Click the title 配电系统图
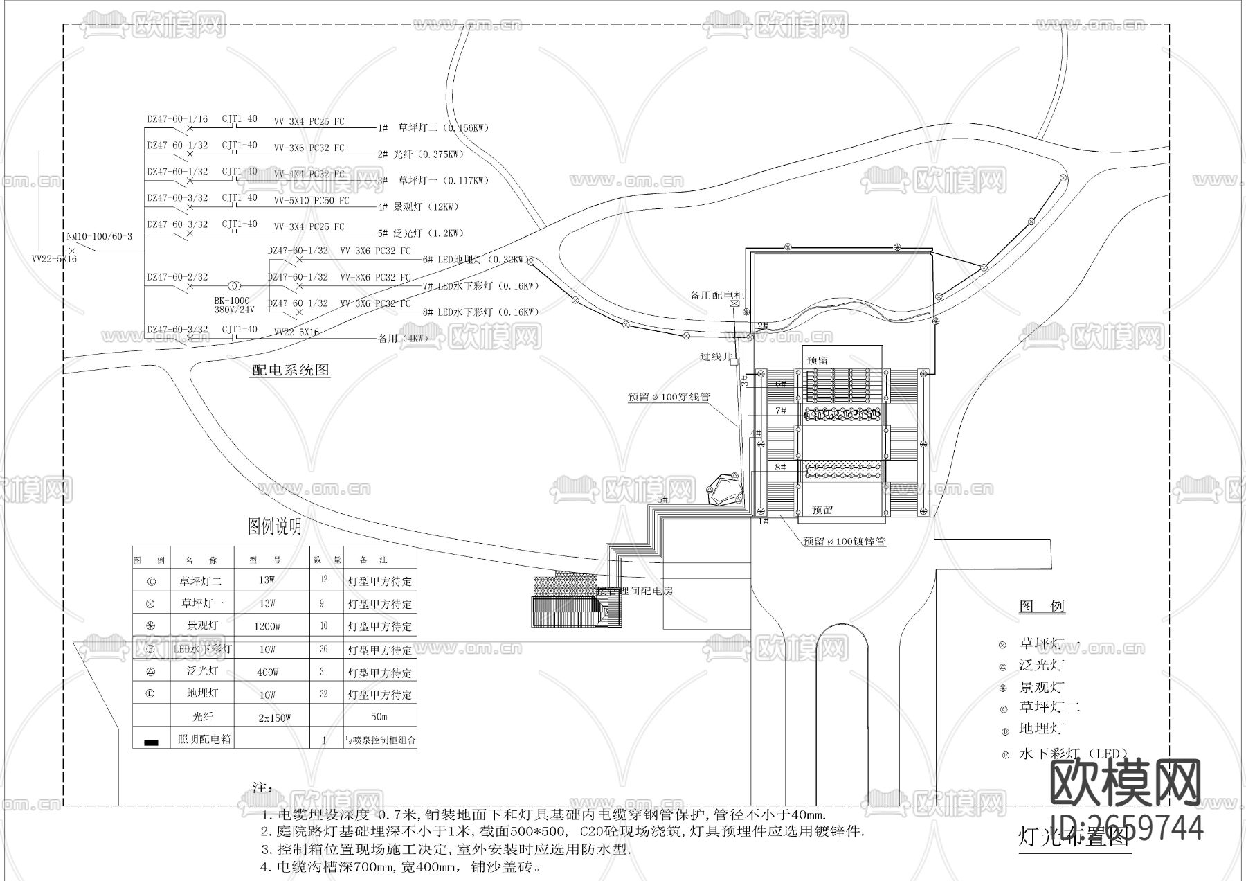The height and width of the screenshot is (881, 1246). click(290, 370)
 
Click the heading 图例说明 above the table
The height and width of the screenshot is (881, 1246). click(275, 527)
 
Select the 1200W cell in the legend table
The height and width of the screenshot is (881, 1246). click(267, 626)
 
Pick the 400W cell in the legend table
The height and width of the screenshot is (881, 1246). click(267, 672)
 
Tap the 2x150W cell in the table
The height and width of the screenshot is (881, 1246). click(274, 718)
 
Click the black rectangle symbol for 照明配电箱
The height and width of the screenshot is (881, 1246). click(151, 742)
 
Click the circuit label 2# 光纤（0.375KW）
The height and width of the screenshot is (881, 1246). click(420, 154)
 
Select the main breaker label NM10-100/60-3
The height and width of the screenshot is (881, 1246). click(99, 236)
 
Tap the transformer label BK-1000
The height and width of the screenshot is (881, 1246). click(232, 301)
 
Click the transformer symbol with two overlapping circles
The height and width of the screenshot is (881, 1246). click(235, 286)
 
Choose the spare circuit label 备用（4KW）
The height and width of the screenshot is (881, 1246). click(403, 339)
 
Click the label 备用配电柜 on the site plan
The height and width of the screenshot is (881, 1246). click(717, 294)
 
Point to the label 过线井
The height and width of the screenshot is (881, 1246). click(715, 357)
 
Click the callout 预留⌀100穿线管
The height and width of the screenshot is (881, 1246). click(669, 398)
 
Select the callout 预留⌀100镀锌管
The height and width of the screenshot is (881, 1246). click(844, 542)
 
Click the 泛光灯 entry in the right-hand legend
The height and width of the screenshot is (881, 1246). click(1040, 666)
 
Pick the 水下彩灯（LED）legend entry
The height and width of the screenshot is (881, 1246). click(1073, 754)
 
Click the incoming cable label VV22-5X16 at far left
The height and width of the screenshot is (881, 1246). click(54, 259)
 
